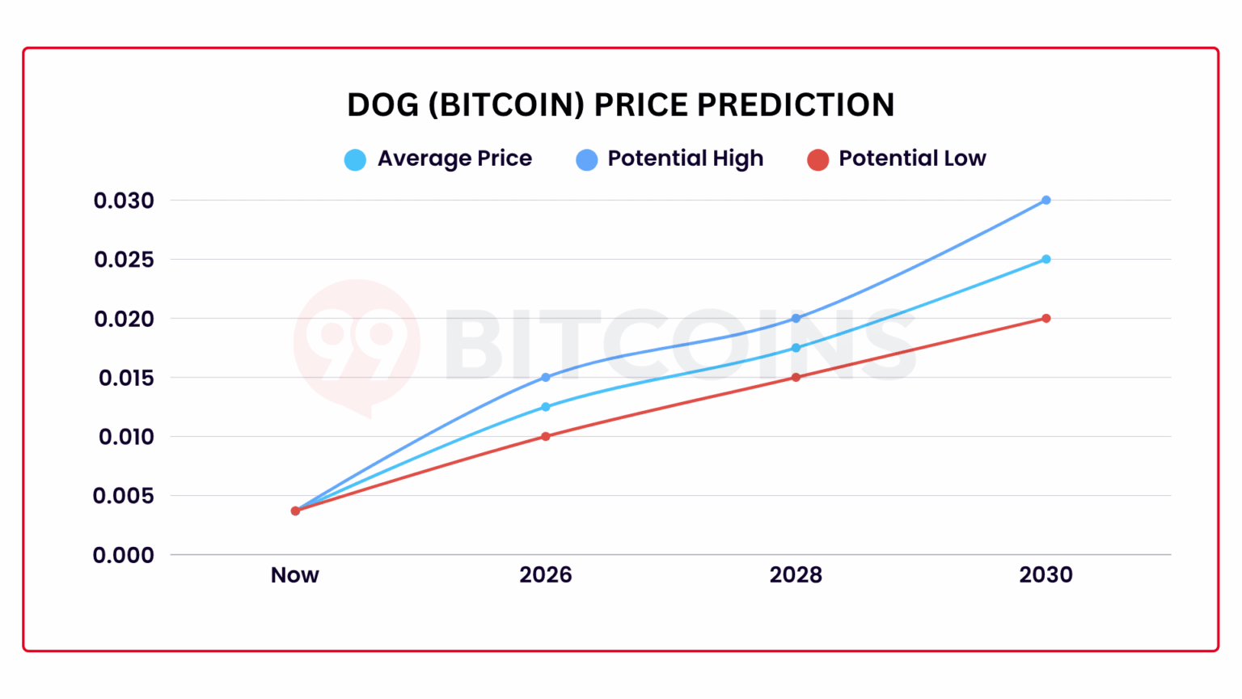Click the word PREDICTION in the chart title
click(796, 105)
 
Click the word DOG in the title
click(382, 105)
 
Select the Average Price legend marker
click(355, 159)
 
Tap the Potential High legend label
click(685, 159)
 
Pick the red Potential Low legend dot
click(817, 159)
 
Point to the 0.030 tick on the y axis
click(124, 201)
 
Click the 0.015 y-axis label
click(125, 378)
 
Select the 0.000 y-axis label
click(124, 555)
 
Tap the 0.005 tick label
click(124, 496)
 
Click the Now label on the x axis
click(294, 575)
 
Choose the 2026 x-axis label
click(545, 575)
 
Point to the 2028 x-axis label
click(796, 575)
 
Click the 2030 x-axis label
click(1046, 575)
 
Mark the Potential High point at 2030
click(1046, 200)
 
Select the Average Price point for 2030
click(1046, 260)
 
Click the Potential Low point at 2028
click(796, 377)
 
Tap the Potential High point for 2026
click(546, 377)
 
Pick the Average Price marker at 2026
click(546, 407)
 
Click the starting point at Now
click(295, 510)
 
